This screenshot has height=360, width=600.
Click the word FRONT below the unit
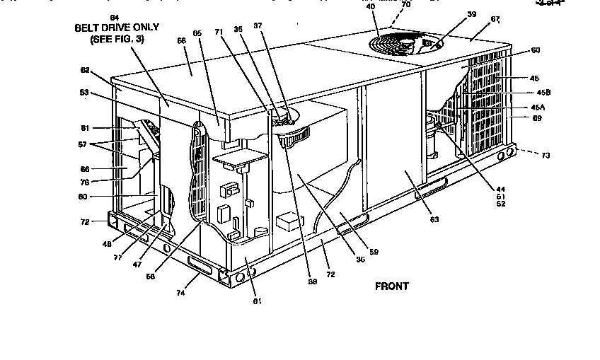[391, 286]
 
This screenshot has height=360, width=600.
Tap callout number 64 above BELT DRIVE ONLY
[115, 16]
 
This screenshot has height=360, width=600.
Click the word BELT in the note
[90, 28]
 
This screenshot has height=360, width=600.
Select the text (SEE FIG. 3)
[117, 40]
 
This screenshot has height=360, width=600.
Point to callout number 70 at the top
[405, 4]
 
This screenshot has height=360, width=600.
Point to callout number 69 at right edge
[537, 118]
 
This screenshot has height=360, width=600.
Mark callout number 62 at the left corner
[86, 71]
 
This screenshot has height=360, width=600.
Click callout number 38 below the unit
[311, 281]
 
